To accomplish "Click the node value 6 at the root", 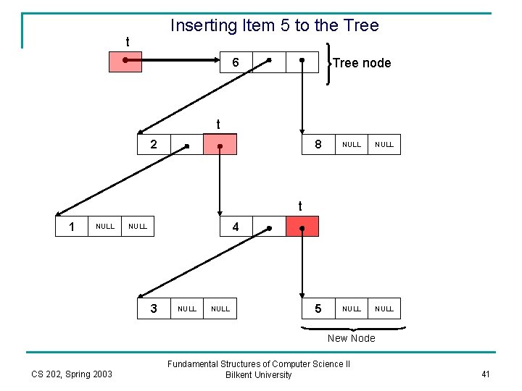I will [236, 63].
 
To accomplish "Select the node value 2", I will [153, 145].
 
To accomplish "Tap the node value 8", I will [318, 145].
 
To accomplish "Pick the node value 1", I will [72, 227].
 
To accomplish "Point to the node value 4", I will [236, 227].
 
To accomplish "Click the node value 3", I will [154, 308].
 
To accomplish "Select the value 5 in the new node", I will [318, 308].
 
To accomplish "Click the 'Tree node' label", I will [362, 63].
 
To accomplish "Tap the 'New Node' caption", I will [352, 338].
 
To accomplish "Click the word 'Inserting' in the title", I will [203, 26].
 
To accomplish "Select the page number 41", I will [485, 374].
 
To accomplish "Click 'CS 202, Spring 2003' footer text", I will [72, 374].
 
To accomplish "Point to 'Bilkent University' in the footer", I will [259, 374].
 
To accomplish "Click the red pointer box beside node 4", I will [302, 227].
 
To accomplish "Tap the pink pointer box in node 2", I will [220, 145].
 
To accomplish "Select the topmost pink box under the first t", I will [125, 62].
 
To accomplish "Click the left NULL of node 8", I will [352, 145].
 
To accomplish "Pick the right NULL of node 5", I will [384, 308].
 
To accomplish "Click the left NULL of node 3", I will [187, 308].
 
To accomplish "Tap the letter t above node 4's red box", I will [300, 206].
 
